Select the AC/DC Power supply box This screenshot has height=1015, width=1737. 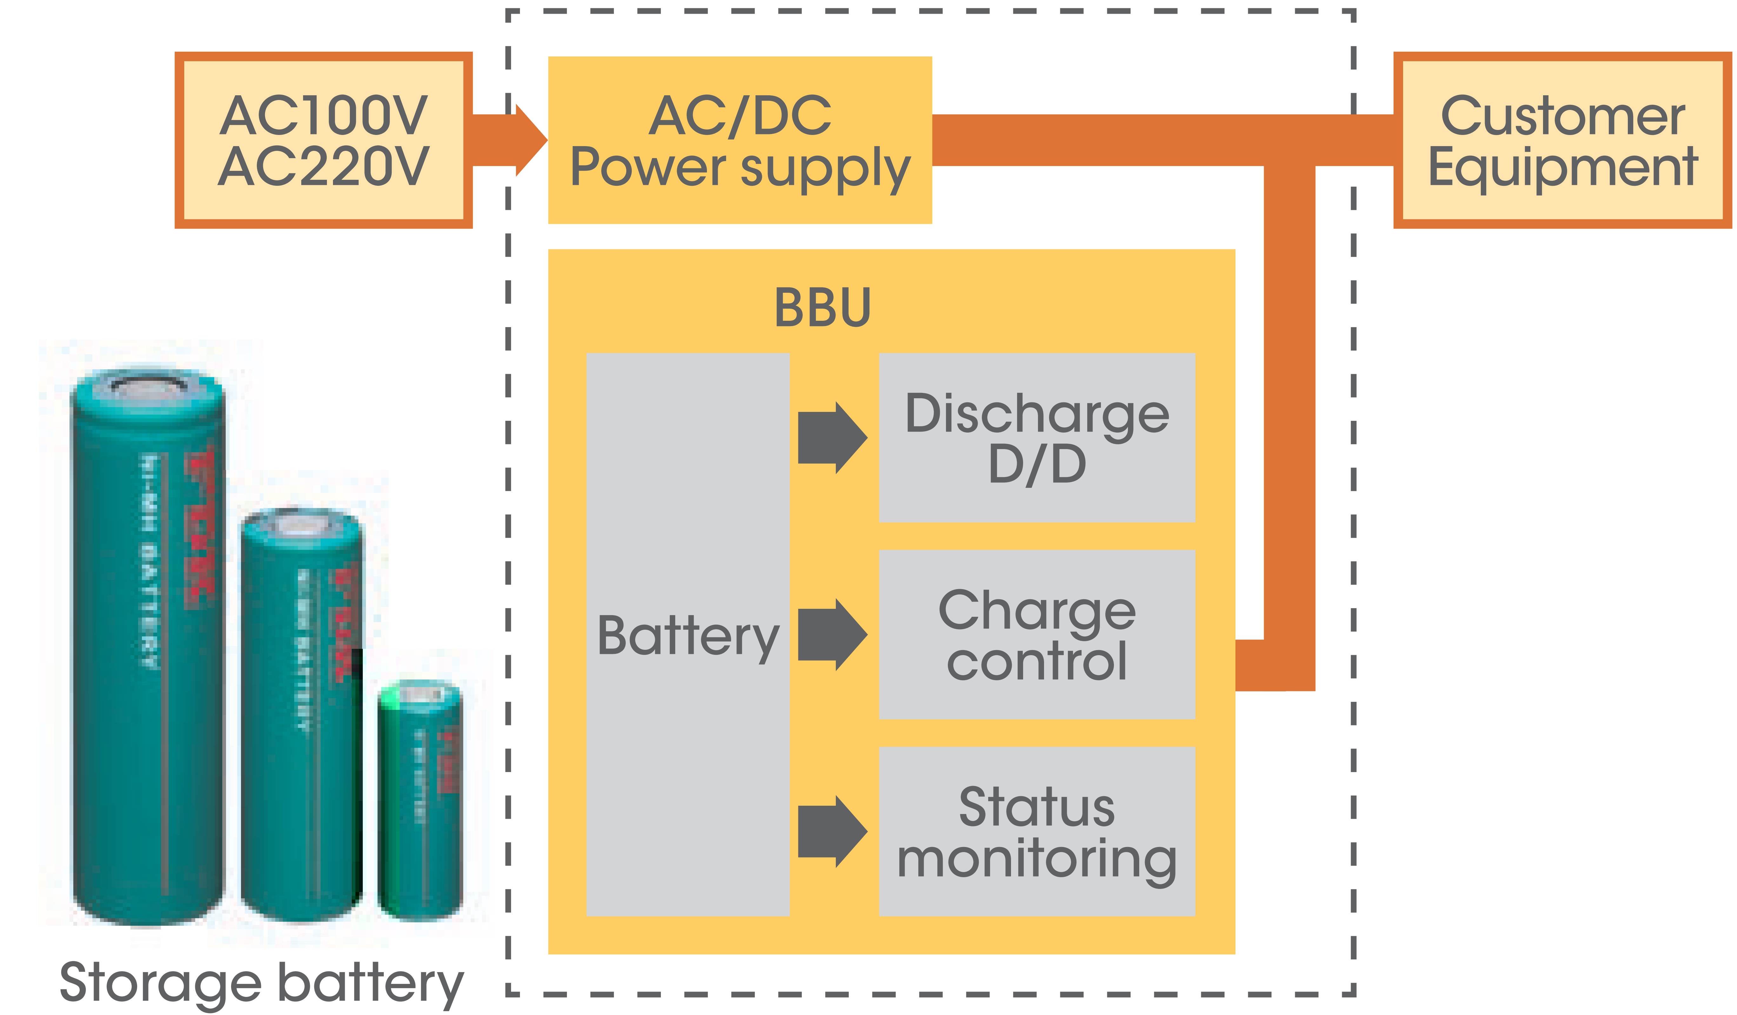pos(740,140)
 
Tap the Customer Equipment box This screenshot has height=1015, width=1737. pos(1562,140)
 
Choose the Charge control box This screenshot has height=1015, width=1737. pos(1037,635)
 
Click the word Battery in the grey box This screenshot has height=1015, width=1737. pos(687,636)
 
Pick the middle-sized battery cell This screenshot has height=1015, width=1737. pos(301,717)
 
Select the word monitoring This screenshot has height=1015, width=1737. pos(1037,858)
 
